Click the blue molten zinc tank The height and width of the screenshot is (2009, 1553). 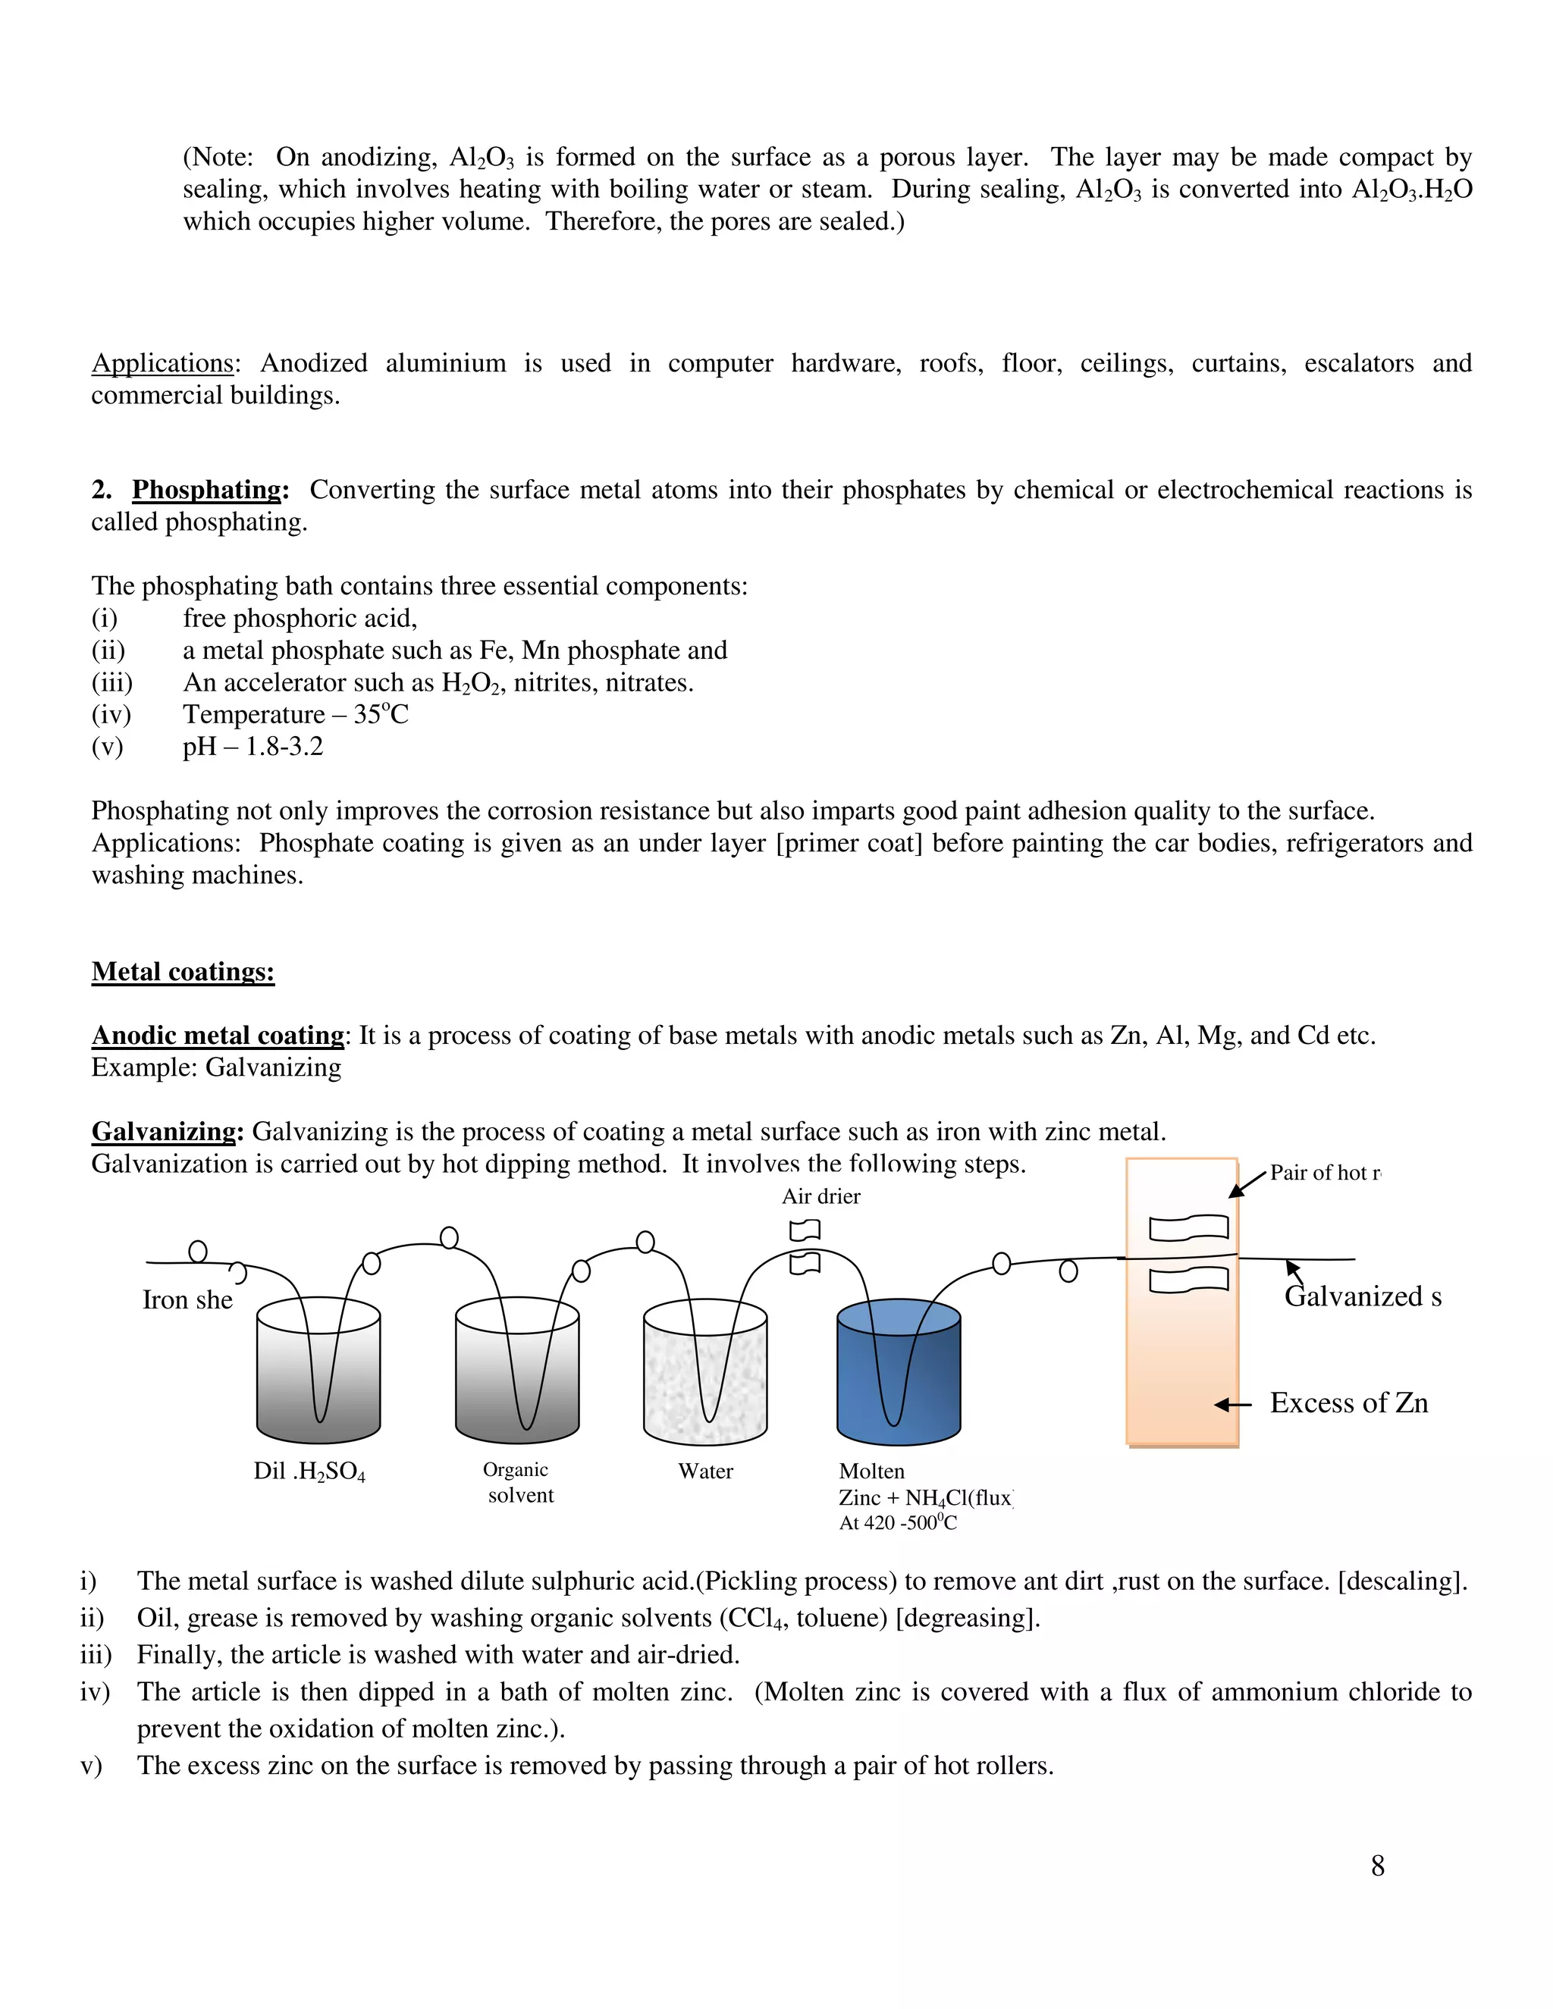coord(898,1379)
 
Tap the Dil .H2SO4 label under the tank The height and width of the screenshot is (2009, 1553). coord(309,1471)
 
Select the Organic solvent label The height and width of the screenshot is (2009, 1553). coord(518,1483)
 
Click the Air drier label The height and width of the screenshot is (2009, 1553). coord(820,1197)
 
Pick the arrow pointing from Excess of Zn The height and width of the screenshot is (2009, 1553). coord(1233,1405)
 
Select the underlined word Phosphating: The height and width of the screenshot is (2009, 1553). coord(209,490)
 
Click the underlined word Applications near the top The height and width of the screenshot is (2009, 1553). coord(163,363)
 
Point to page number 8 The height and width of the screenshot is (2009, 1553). coord(1377,1866)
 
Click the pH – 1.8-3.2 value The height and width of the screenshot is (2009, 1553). coord(253,746)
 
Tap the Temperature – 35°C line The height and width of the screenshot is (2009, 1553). coord(294,715)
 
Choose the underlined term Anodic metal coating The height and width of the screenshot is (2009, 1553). coord(218,1036)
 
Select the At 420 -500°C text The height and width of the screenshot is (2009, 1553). coord(897,1523)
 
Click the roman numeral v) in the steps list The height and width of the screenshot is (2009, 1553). coord(91,1766)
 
